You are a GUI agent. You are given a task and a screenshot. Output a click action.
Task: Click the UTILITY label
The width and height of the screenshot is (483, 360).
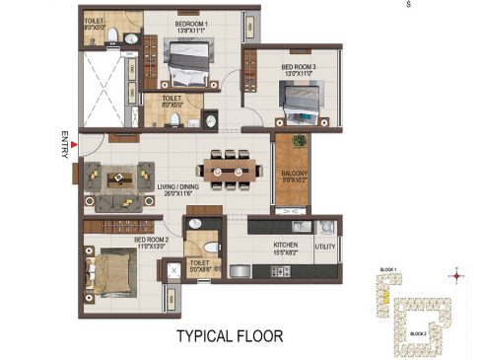325,246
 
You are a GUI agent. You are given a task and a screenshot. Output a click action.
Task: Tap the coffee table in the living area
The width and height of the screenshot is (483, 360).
122,179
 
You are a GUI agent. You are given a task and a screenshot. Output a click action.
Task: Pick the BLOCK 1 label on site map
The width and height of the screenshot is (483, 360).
387,268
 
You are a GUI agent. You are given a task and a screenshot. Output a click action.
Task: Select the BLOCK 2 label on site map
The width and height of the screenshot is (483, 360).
417,334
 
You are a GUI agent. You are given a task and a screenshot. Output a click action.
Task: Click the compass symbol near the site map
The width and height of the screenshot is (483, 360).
455,275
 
